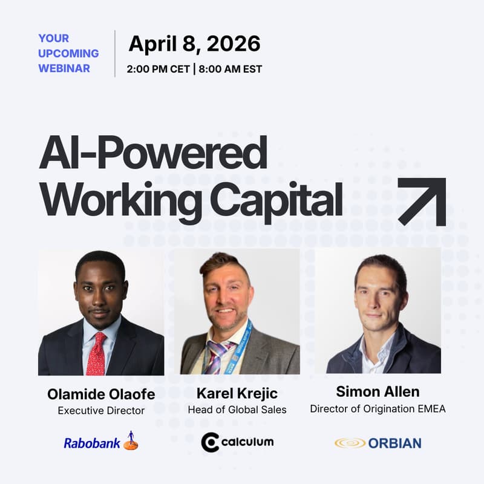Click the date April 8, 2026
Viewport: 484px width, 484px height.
(x=194, y=44)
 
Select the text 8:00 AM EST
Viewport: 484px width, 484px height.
(x=230, y=69)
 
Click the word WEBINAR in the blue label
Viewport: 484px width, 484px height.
(x=64, y=68)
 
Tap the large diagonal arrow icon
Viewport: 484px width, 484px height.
(x=422, y=201)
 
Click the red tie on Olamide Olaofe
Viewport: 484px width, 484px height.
(x=96, y=353)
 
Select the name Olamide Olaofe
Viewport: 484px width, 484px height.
(x=101, y=394)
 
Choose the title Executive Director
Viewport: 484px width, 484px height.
(x=101, y=411)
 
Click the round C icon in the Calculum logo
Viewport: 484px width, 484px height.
(x=210, y=442)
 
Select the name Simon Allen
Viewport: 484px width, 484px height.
(x=378, y=392)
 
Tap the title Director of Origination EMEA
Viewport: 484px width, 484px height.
(x=378, y=408)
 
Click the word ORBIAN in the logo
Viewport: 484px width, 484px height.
(x=395, y=443)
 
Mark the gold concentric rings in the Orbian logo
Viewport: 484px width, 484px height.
(x=350, y=443)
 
